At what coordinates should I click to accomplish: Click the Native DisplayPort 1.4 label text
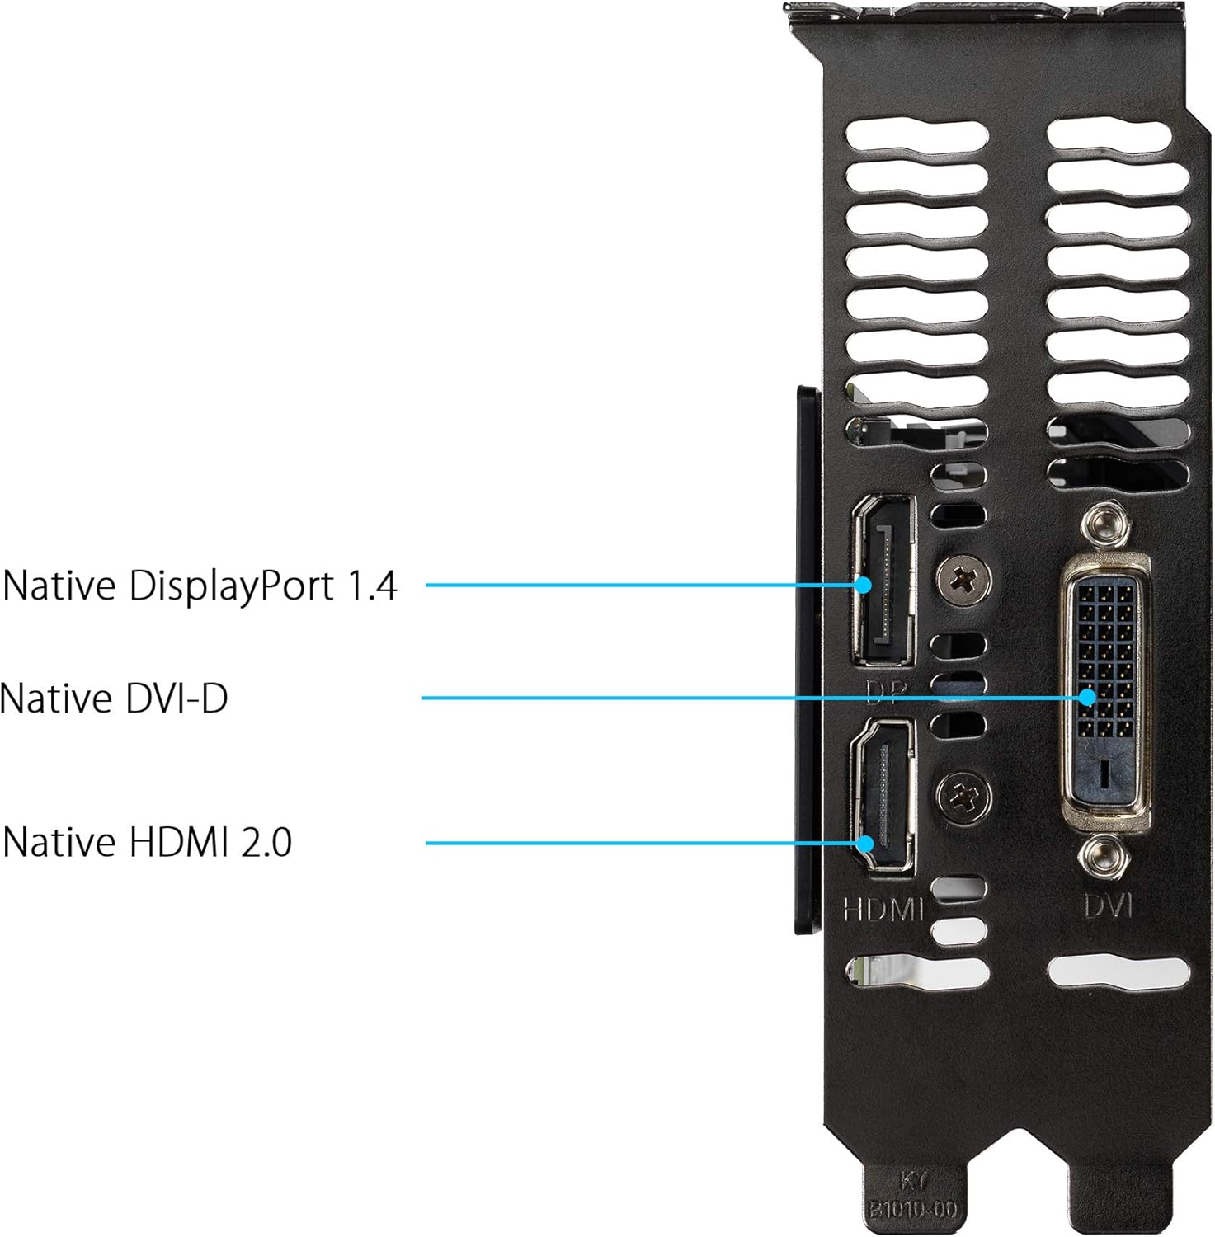coord(200,586)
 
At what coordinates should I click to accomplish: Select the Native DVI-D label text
coord(114,698)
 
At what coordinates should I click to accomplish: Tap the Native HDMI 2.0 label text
coord(148,842)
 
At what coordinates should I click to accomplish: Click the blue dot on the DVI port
coord(1088,697)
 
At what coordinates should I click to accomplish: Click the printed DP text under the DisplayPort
coord(887,691)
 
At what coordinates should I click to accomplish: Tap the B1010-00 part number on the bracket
coord(911,1210)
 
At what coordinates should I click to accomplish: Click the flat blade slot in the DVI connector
coord(1104,772)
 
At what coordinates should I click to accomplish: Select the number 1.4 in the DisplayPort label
coord(371,586)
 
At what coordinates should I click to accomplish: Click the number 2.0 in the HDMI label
coord(266,842)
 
